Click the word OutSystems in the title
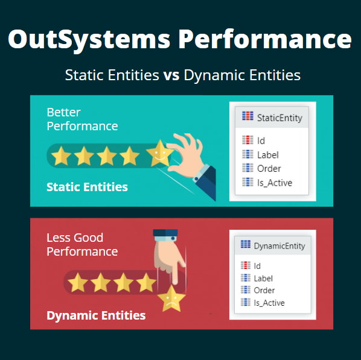point(89,40)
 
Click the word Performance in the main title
point(265,40)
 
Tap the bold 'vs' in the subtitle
point(170,76)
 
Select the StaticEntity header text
point(279,117)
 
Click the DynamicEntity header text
point(280,246)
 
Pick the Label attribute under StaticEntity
point(267,155)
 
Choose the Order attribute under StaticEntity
point(269,168)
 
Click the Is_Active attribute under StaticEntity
point(275,182)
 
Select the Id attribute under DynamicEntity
point(257,265)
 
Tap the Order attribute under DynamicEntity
point(264,290)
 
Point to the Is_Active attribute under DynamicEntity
point(269,303)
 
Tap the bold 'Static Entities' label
point(87,187)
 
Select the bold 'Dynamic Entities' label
point(96,315)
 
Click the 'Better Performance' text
point(82,119)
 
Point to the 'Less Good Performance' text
point(82,244)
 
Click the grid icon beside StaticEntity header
point(248,117)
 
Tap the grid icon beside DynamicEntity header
point(246,245)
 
